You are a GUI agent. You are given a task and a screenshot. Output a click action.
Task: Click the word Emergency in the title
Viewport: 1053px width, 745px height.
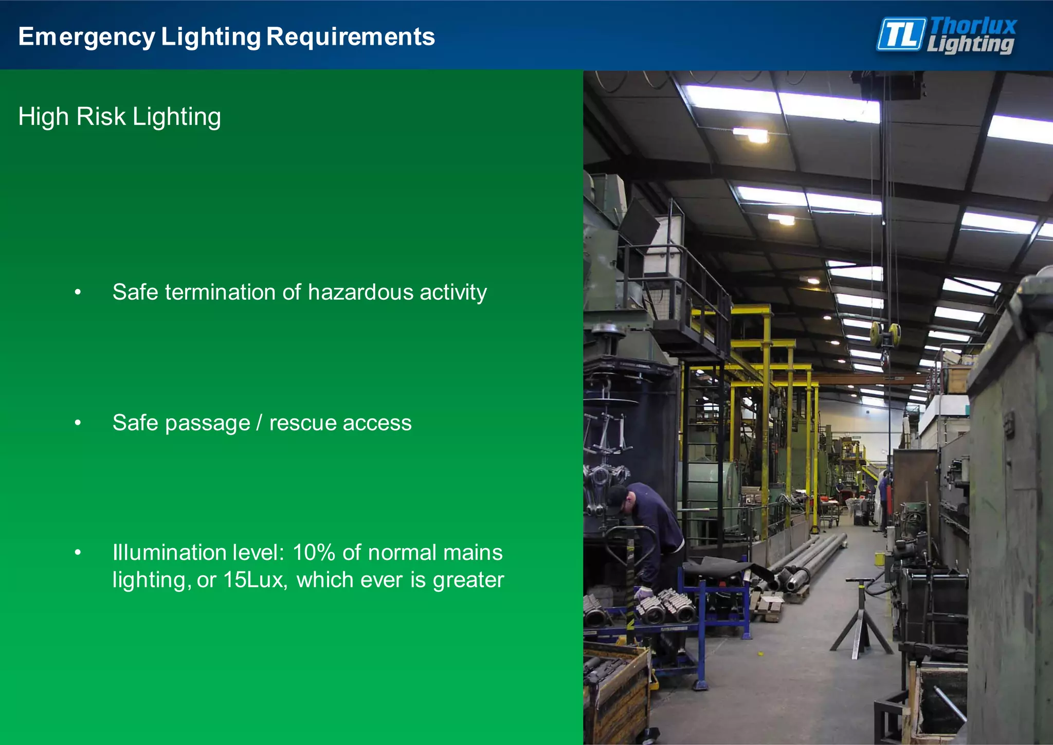coord(86,37)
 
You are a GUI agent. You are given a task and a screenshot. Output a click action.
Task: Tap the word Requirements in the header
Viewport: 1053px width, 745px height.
coord(351,37)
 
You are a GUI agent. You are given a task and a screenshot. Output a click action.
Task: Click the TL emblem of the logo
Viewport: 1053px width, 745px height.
coord(901,34)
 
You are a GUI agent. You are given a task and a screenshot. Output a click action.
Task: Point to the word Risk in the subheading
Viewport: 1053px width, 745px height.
coord(101,117)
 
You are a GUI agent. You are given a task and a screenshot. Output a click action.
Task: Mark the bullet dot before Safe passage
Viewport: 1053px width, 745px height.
coord(78,423)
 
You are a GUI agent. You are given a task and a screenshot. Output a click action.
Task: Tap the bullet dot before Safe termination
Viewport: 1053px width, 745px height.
coord(78,292)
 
